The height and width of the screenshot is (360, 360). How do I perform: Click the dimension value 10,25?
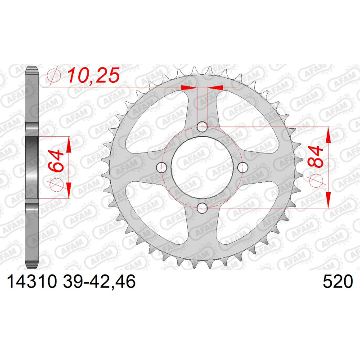point(93,75)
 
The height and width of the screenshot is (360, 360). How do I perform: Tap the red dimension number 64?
point(56,161)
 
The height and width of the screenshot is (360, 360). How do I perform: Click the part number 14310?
point(31,282)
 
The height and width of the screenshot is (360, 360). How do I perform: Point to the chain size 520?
point(337,282)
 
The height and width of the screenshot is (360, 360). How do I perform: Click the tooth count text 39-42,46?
point(99,282)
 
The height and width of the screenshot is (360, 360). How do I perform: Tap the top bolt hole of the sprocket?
point(202,126)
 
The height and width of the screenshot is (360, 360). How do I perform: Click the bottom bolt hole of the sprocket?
point(202,208)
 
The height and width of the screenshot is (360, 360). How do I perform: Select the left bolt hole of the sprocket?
point(162,167)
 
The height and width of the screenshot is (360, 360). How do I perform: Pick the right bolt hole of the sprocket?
point(243,167)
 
